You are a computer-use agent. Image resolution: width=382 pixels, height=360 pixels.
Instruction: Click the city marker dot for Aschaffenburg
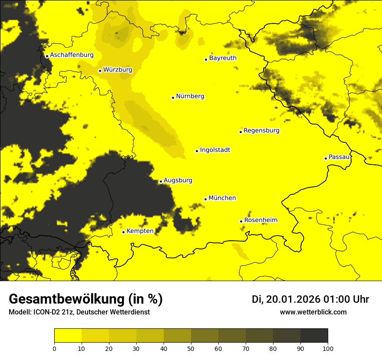pyautogui.click(x=47, y=56)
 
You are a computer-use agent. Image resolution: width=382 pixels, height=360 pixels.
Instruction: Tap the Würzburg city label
pyautogui.click(x=118, y=70)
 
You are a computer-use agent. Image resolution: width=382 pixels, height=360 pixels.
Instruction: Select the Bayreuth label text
pyautogui.click(x=223, y=58)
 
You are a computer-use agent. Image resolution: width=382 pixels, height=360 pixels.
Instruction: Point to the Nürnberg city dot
pyautogui.click(x=173, y=98)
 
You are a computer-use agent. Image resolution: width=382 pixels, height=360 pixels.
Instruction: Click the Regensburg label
pyautogui.click(x=261, y=131)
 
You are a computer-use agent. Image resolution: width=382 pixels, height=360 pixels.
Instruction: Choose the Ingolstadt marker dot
pyautogui.click(x=197, y=151)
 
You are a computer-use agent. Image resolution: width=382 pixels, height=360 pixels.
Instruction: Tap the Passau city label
pyautogui.click(x=339, y=157)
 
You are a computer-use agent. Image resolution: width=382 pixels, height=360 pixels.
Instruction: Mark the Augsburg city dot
pyautogui.click(x=161, y=182)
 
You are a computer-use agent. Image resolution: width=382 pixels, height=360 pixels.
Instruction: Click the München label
pyautogui.click(x=222, y=198)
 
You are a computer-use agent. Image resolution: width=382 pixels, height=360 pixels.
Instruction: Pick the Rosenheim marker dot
pyautogui.click(x=241, y=221)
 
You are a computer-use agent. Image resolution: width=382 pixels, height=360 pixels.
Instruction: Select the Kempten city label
pyautogui.click(x=140, y=231)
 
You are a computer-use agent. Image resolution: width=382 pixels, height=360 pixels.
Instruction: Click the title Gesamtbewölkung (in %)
pyautogui.click(x=86, y=299)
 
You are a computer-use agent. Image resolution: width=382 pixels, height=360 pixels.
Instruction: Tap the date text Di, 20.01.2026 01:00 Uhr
pyautogui.click(x=310, y=299)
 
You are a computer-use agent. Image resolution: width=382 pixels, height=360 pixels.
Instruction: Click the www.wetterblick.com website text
pyautogui.click(x=313, y=312)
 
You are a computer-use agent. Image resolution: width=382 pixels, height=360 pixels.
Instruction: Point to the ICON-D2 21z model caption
pyautogui.click(x=79, y=312)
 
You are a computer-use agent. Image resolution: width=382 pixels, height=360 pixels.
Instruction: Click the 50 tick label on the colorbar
pyautogui.click(x=191, y=348)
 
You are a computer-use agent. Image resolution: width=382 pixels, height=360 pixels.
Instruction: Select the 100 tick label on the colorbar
pyautogui.click(x=328, y=348)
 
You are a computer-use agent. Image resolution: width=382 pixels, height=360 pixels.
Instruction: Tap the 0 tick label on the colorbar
pyautogui.click(x=54, y=348)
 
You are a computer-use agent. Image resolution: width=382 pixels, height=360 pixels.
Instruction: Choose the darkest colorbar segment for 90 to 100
pyautogui.click(x=314, y=336)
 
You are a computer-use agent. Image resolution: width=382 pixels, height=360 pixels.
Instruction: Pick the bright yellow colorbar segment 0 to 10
pyautogui.click(x=68, y=336)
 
